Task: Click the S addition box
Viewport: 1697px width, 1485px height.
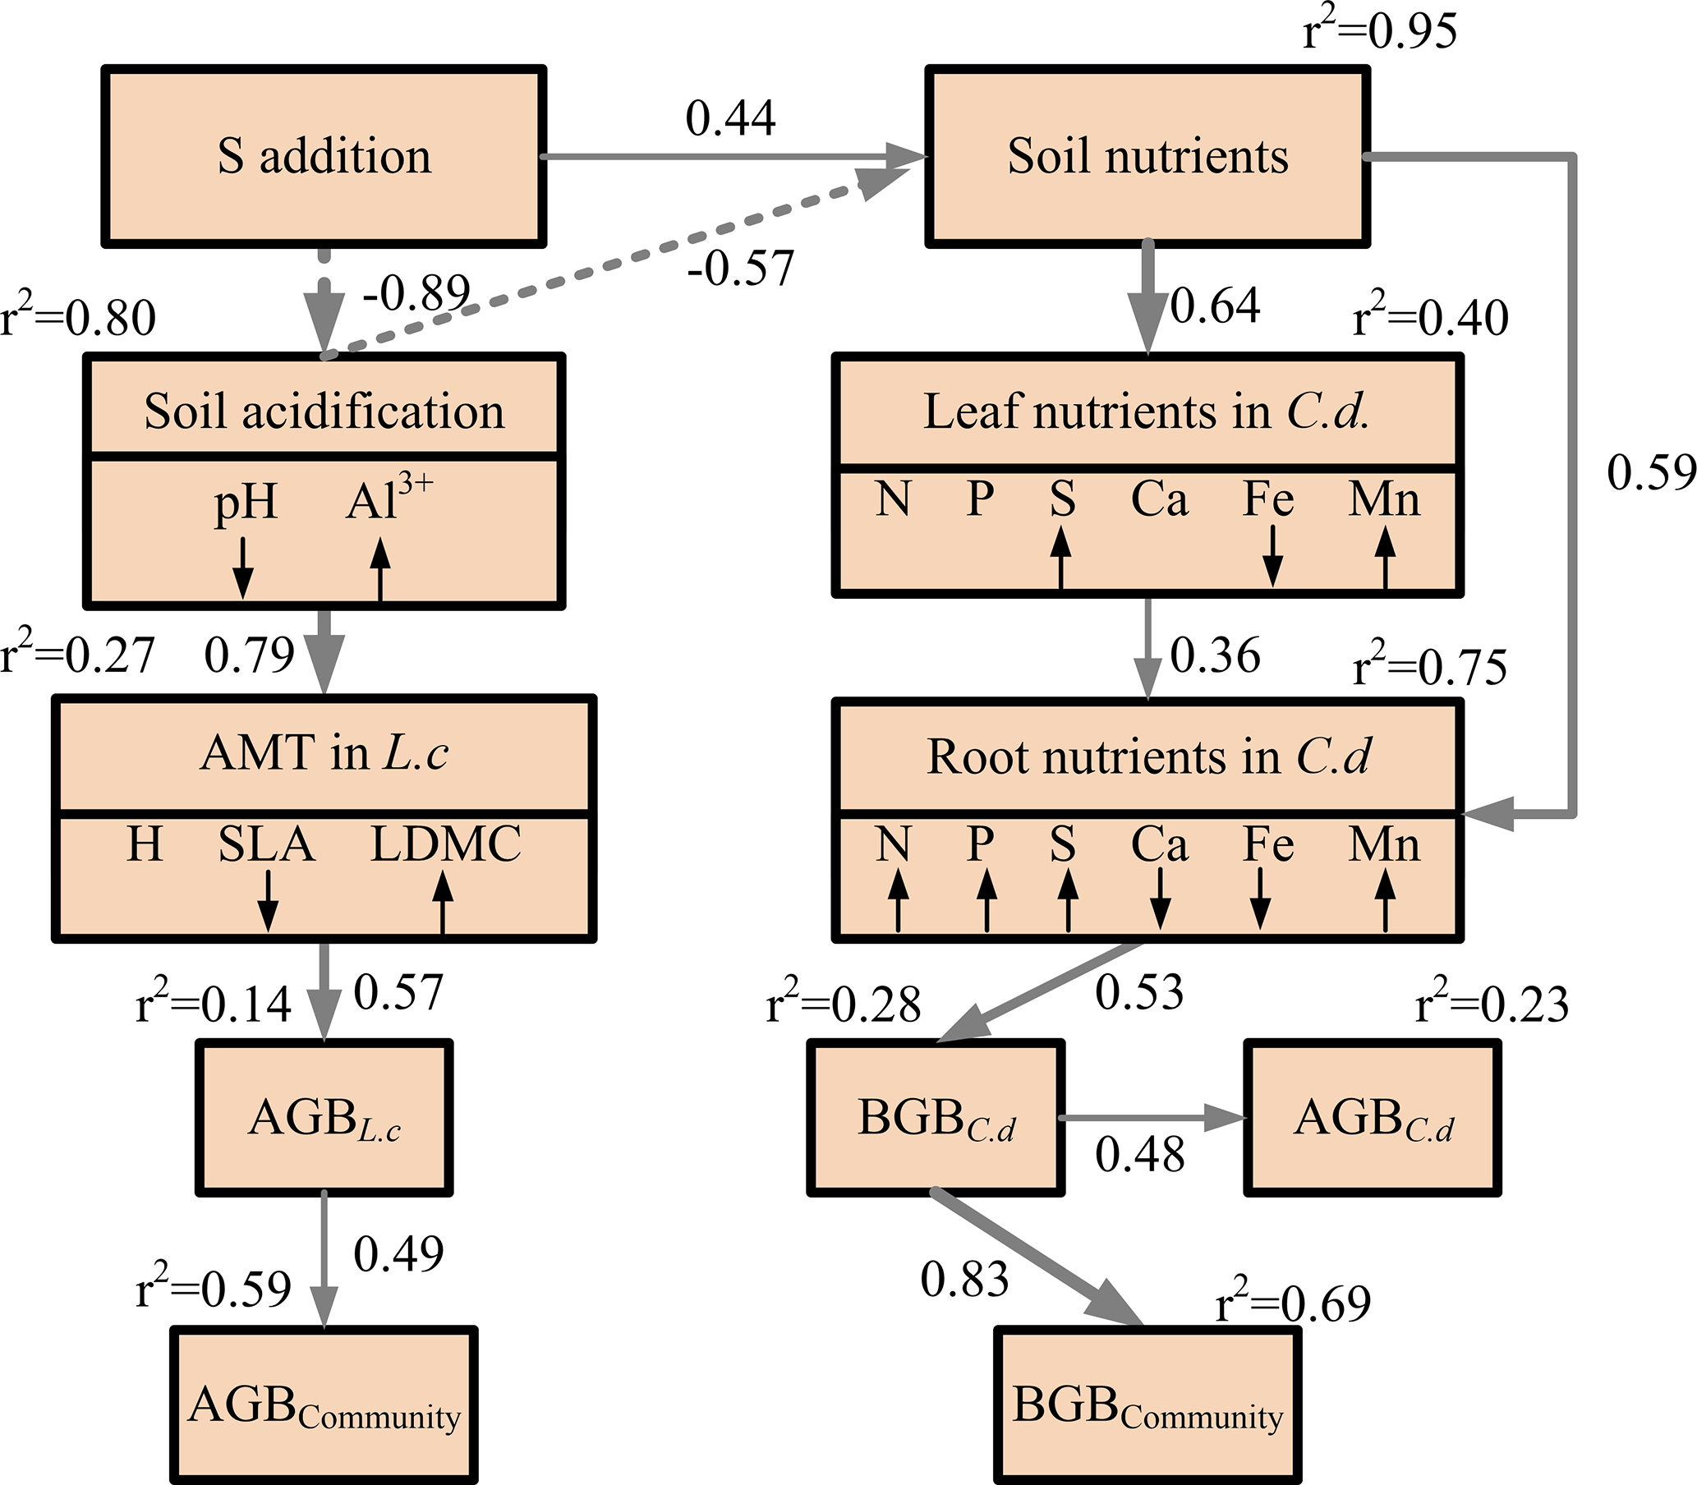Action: point(323,156)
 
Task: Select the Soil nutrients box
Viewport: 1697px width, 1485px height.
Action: point(1147,156)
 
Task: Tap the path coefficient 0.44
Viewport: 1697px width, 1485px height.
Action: point(730,117)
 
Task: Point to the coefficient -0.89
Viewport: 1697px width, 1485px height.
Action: point(416,292)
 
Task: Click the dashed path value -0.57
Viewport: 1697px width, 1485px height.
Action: point(740,267)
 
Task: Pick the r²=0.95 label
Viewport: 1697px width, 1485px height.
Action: point(1380,31)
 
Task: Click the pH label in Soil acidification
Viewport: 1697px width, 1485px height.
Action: point(246,502)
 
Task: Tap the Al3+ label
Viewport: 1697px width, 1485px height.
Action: point(388,497)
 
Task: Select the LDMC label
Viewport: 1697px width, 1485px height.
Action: point(445,844)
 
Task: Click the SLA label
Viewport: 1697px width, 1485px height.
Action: point(266,844)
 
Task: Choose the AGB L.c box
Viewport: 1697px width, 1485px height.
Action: point(324,1117)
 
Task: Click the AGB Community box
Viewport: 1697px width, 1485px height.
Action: point(324,1407)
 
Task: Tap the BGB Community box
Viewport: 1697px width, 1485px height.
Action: point(1147,1407)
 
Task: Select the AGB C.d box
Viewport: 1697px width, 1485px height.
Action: point(1373,1117)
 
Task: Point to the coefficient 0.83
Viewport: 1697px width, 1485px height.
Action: point(964,1279)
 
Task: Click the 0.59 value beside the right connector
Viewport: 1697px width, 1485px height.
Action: point(1652,472)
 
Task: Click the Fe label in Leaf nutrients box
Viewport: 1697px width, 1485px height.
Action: point(1267,499)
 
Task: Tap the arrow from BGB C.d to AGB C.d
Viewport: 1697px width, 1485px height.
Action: point(1152,1117)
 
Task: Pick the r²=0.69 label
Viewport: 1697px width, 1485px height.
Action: point(1293,1303)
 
